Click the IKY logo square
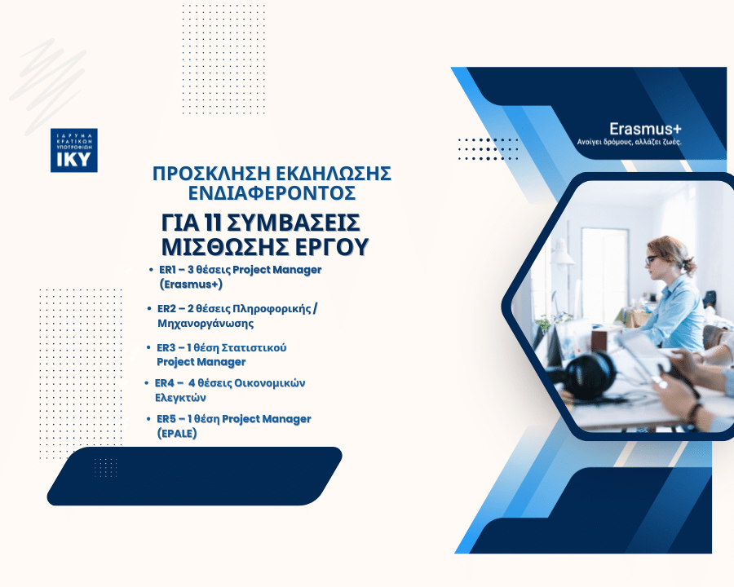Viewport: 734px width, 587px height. coord(74,150)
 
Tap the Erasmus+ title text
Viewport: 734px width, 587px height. coord(645,129)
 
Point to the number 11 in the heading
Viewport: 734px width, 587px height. coord(214,223)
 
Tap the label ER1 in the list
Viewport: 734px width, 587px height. coord(166,270)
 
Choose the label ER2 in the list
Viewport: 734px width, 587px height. coord(166,309)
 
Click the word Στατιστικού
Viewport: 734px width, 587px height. coord(254,348)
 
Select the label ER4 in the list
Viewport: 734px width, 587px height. coord(164,383)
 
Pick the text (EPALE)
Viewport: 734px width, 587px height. coord(177,434)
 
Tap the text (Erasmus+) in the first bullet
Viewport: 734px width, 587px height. coord(191,285)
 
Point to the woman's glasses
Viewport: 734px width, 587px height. coord(651,259)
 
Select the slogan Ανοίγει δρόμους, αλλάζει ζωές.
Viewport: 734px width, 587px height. coord(629,142)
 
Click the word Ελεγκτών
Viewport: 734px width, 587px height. coord(181,398)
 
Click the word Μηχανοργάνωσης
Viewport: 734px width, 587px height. coord(206,324)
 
